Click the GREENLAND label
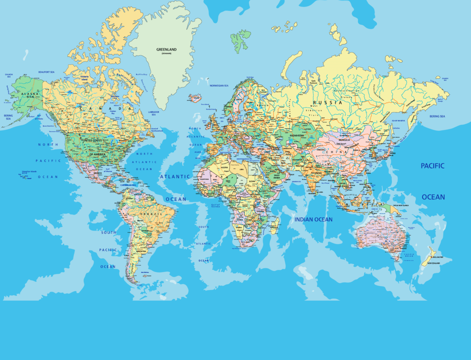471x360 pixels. pyautogui.click(x=167, y=49)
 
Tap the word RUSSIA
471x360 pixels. pyautogui.click(x=327, y=102)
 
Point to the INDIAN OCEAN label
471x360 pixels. pyautogui.click(x=313, y=220)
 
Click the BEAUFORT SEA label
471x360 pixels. pyautogui.click(x=46, y=72)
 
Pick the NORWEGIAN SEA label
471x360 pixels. pyautogui.click(x=219, y=86)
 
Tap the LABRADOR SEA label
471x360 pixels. pyautogui.click(x=157, y=112)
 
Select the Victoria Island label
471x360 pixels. pyautogui.click(x=84, y=78)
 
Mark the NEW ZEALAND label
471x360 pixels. pyautogui.click(x=434, y=263)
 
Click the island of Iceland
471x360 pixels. pyautogui.click(x=195, y=98)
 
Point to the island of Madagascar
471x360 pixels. pyautogui.click(x=275, y=225)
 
